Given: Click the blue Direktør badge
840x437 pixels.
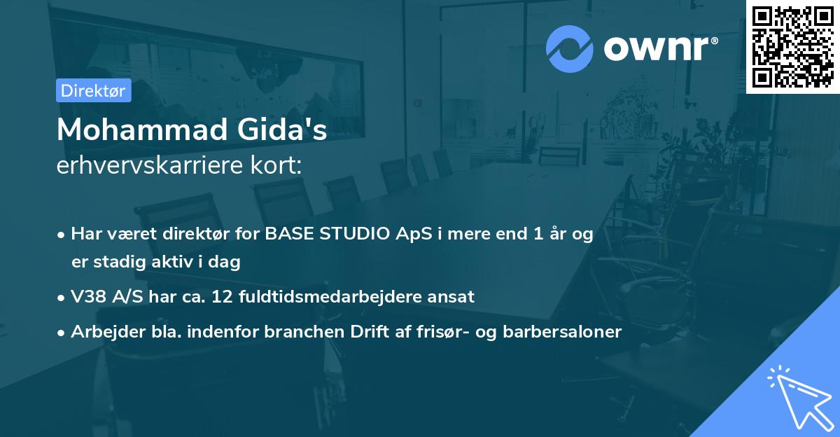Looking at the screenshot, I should tap(93, 90).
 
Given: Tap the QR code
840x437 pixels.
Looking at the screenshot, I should tap(793, 46).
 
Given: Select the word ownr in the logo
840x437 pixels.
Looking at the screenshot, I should tap(659, 49).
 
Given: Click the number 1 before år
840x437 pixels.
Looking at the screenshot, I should tap(537, 235).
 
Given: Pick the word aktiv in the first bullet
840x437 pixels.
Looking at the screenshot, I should tap(177, 262).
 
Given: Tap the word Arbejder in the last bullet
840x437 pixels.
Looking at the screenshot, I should tap(102, 332).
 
